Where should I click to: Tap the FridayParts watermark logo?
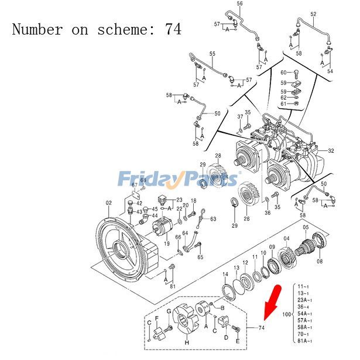pos(179,178)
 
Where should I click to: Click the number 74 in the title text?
pos(174,29)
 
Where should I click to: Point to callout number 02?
pos(108,203)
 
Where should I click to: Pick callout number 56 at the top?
pos(239,4)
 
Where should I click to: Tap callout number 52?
pos(313,13)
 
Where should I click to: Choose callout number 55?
pos(212,54)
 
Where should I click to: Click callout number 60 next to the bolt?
pos(283,73)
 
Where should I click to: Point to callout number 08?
pos(320,262)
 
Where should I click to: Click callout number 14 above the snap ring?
pos(225,275)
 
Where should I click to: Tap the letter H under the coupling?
pos(187,342)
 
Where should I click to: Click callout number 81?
pos(173,286)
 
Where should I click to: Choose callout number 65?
pos(200,257)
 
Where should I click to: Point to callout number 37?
pos(240,117)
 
